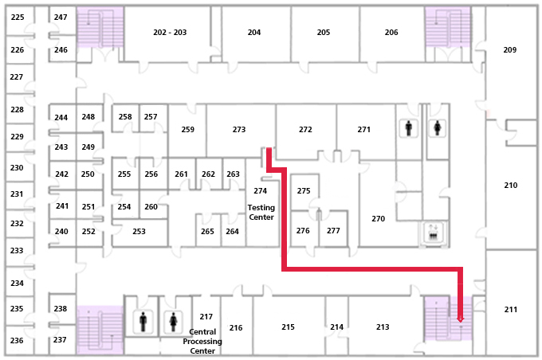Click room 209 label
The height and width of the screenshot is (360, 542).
pos(510,49)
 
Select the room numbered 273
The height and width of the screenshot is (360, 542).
pos(239,129)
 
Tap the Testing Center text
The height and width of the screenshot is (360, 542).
pos(261,213)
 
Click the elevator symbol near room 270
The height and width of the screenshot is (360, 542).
pos(432,233)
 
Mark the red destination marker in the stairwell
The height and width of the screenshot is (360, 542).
pos(460,319)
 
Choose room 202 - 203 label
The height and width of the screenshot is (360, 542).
pos(170,33)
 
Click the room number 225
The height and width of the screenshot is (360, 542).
pos(17,18)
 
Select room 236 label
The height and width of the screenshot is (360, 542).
pos(17,340)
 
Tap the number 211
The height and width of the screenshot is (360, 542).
pos(511,309)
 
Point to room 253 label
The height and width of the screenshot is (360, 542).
pos(139,232)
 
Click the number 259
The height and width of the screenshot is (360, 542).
pos(188,129)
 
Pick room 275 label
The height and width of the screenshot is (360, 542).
pos(304,191)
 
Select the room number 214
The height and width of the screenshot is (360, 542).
pos(337,327)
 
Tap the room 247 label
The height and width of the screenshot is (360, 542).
pos(61,18)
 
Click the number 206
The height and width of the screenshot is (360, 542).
pos(391,33)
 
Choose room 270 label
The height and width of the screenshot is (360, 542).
pos(378,218)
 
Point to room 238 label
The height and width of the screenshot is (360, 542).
pos(61,308)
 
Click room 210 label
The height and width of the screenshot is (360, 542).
pos(511,185)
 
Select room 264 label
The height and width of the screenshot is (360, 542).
pos(232,232)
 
